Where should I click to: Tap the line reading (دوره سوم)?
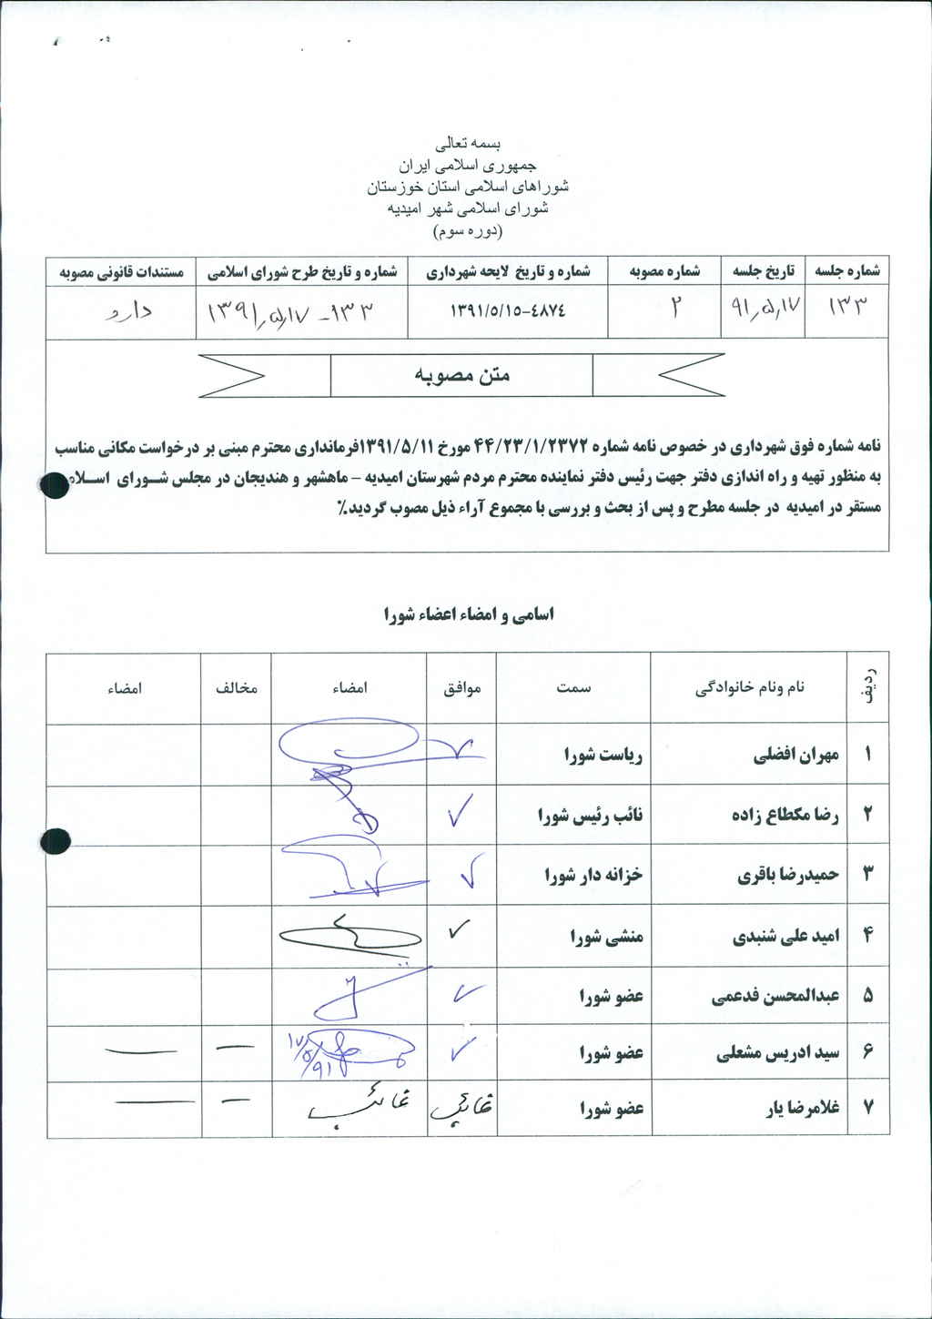[468, 231]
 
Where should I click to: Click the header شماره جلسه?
[846, 271]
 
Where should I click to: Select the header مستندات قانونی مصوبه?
[121, 271]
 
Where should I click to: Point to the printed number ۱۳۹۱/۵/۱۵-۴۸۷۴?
[508, 310]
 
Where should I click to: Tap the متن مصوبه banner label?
[461, 375]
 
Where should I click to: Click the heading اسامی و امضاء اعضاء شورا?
[468, 614]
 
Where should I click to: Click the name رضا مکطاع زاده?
[785, 815]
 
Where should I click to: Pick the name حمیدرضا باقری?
[788, 875]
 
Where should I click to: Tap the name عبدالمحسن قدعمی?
[775, 997]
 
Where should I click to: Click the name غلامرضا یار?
[802, 1108]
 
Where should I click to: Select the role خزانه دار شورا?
[593, 875]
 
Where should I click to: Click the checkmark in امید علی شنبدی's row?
[459, 930]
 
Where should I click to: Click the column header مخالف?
[237, 688]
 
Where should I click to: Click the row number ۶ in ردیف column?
[867, 1052]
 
